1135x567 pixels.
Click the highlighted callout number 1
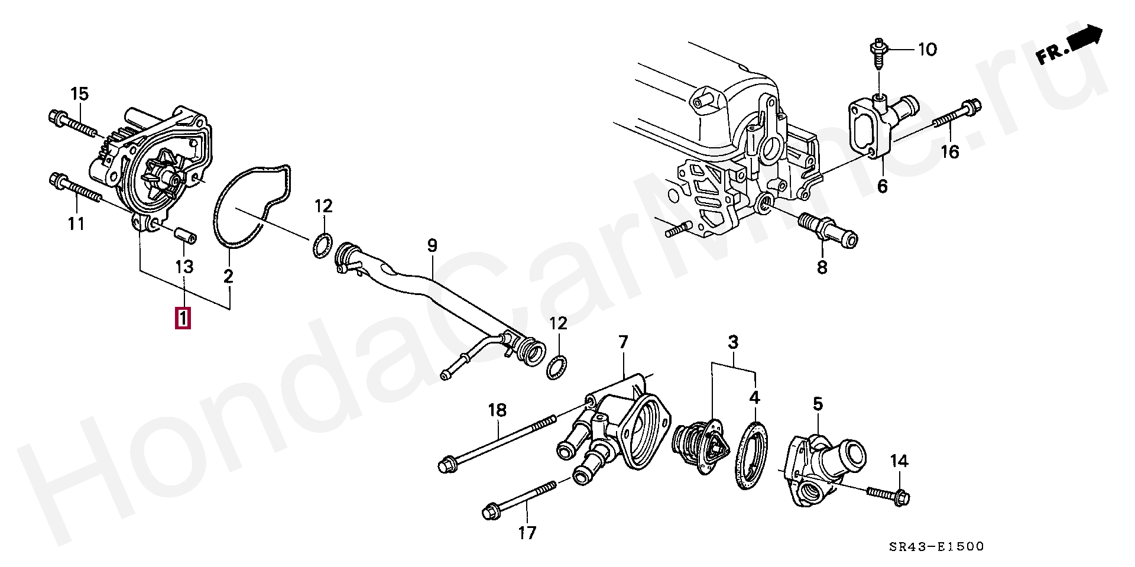(183, 319)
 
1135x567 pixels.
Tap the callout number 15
(79, 93)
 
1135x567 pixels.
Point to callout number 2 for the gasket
(228, 276)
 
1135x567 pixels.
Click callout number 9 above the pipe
(432, 245)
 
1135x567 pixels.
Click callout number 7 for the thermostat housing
(623, 342)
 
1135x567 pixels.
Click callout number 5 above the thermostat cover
(818, 404)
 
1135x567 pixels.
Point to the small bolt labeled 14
(889, 495)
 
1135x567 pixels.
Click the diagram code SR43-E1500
(939, 547)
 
